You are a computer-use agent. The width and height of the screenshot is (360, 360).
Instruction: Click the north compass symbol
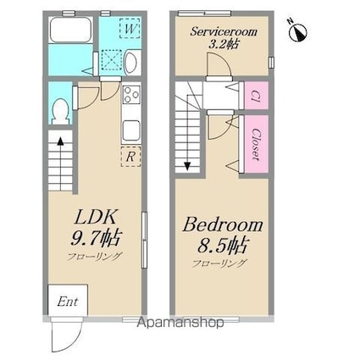[x=297, y=30]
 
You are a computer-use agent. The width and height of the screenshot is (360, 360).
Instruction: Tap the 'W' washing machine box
[x=130, y=28]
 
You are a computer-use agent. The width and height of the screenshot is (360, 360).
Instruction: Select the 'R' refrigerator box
[x=130, y=157]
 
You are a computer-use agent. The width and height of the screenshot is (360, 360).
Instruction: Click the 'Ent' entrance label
[x=68, y=302]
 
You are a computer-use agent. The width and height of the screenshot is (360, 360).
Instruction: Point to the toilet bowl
[x=60, y=111]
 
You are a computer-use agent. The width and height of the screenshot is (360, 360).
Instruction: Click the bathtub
[x=70, y=30]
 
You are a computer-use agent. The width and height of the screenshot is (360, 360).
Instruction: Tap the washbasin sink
[x=130, y=62]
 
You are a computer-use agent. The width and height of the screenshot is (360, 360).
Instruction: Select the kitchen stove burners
[x=131, y=94]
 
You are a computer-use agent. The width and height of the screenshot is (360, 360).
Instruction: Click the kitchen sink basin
[x=131, y=130]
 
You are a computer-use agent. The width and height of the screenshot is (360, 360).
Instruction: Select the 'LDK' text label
[x=95, y=217]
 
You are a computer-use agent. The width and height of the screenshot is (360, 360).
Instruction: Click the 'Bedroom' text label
[x=223, y=225]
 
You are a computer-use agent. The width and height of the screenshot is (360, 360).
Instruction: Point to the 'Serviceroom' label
[x=224, y=31]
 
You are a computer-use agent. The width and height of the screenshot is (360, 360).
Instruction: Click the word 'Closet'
[x=256, y=144]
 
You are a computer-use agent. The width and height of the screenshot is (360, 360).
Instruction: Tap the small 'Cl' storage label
[x=256, y=96]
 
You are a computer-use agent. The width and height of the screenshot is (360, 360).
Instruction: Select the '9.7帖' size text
[x=96, y=238]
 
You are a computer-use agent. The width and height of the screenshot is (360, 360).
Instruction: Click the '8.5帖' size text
[x=222, y=245]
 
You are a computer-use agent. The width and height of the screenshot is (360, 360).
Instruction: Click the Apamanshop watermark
[x=180, y=322]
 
